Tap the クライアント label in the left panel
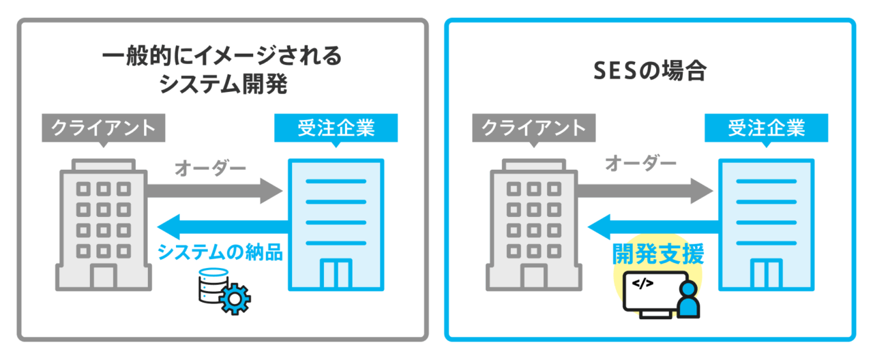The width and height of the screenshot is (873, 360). pos(102,127)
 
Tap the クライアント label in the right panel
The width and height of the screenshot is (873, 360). pos(533,127)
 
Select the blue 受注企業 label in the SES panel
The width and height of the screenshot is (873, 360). pos(766,127)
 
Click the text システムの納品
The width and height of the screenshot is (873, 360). pos(220,252)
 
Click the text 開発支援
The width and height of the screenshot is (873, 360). pos(657,254)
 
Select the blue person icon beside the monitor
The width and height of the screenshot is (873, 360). pos(690,300)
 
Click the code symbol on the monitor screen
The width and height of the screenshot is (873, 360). pos(644,283)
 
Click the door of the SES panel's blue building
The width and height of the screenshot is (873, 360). pos(766,275)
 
